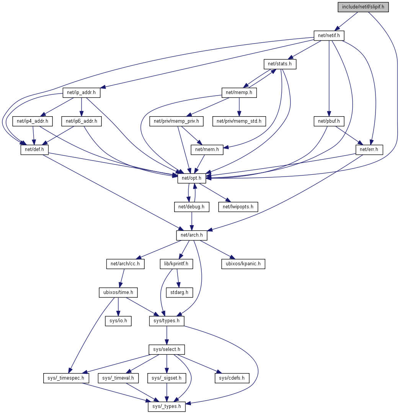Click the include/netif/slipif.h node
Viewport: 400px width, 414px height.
363,7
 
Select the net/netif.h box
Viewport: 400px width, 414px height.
329,36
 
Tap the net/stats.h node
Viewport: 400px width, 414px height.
280,64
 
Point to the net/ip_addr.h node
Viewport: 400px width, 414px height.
78,92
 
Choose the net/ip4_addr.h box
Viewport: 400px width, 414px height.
33,121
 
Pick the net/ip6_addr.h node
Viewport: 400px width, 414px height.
82,121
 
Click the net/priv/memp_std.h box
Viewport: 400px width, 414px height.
239,121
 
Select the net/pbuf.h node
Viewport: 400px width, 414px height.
329,121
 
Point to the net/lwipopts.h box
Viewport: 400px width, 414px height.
238,207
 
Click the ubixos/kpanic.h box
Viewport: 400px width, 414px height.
243,264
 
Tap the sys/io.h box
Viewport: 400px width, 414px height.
118,321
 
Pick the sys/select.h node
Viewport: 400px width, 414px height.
167,349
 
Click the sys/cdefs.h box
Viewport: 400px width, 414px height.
232,378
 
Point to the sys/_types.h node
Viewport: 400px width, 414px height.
167,406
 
